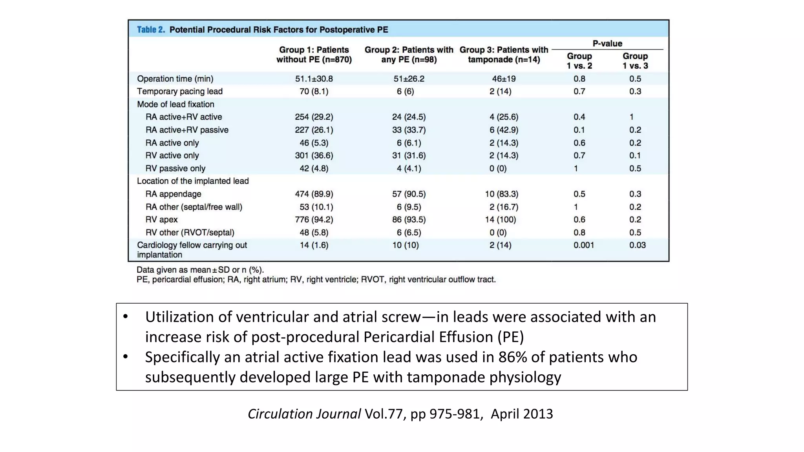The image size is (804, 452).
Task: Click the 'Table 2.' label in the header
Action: point(151,30)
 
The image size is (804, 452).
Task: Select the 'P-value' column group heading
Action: point(607,44)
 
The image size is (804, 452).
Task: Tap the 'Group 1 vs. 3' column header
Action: point(635,61)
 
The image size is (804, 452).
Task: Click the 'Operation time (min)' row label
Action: point(175,79)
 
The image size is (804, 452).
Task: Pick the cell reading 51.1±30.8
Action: point(314,79)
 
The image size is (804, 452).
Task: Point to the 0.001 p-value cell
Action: point(583,245)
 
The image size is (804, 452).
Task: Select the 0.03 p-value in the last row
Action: point(637,245)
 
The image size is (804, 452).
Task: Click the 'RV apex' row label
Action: point(161,220)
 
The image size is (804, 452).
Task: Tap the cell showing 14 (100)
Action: point(500,220)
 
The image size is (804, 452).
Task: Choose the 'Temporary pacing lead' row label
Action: point(180,91)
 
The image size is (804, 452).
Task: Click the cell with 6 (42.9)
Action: point(503,130)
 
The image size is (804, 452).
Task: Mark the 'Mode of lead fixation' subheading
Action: point(175,104)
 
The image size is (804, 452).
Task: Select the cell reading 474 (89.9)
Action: point(314,194)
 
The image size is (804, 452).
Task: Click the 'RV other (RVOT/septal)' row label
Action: point(190,233)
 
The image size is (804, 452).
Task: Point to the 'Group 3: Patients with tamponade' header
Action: point(504,55)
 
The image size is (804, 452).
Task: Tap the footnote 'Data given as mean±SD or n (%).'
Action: point(200,270)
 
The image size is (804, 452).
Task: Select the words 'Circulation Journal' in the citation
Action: point(304,414)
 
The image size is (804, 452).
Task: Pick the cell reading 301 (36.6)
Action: point(314,156)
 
